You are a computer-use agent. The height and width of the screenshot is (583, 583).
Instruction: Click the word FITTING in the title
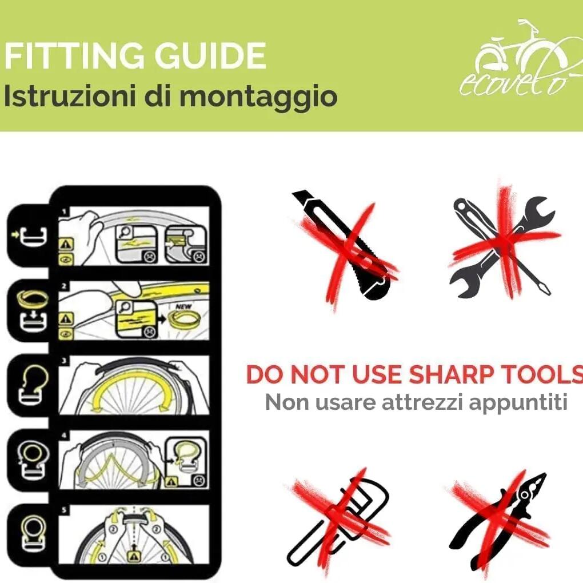[74, 56]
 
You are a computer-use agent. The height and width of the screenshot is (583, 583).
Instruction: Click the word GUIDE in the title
[210, 56]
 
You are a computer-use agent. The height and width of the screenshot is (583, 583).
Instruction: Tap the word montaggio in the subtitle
[258, 97]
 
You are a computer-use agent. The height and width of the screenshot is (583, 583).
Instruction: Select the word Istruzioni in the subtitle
[70, 95]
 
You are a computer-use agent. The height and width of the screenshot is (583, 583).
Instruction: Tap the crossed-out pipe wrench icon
[338, 521]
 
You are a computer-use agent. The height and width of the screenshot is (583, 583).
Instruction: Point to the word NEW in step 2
[183, 306]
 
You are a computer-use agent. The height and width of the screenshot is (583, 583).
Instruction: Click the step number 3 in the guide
[64, 361]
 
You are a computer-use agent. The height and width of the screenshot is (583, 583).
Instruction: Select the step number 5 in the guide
[64, 510]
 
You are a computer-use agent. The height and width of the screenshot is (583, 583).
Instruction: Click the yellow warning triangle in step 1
[66, 244]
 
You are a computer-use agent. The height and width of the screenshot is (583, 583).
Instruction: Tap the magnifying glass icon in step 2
[124, 307]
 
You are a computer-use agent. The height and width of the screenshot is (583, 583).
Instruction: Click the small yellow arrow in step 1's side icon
[15, 234]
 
